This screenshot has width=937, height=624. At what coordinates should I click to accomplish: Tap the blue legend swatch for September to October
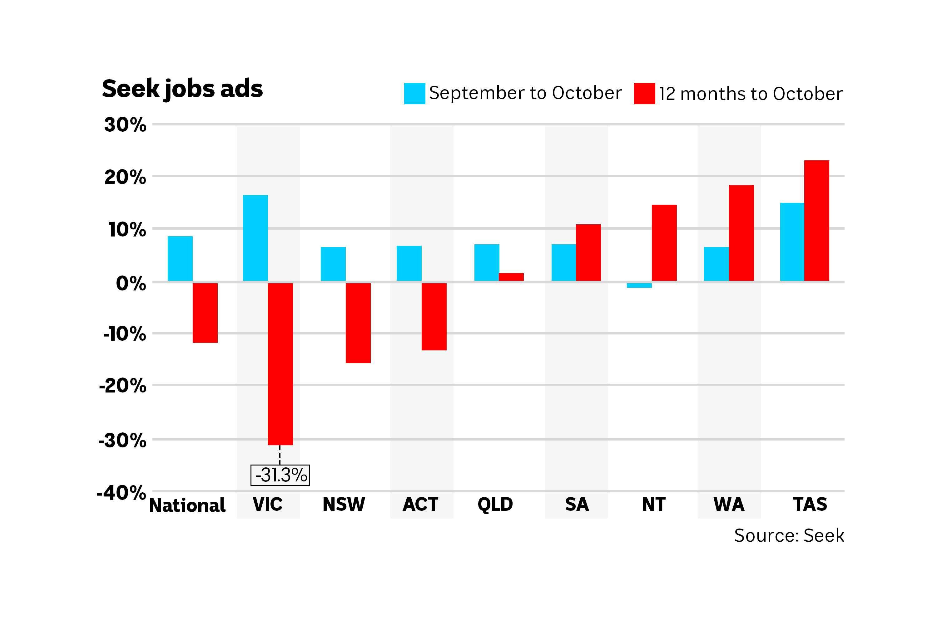[x=414, y=94]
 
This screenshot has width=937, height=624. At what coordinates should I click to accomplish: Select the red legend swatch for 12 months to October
[x=644, y=94]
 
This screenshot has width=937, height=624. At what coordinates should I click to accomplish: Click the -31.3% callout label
[x=280, y=475]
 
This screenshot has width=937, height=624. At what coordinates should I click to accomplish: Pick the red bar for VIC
[x=280, y=364]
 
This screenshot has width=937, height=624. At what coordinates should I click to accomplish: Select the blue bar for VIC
[x=255, y=238]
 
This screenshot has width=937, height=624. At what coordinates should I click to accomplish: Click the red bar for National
[x=205, y=313]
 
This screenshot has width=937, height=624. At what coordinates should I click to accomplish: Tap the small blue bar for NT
[x=639, y=285]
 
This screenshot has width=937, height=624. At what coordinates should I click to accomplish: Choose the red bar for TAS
[x=816, y=221]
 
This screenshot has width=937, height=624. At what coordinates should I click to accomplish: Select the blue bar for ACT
[x=409, y=263]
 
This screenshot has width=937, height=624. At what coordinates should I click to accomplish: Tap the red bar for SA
[x=588, y=253]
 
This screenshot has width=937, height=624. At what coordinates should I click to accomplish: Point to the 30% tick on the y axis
[x=125, y=125]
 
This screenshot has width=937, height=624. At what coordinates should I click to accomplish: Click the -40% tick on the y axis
[x=121, y=493]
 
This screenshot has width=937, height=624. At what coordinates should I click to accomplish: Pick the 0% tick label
[x=131, y=284]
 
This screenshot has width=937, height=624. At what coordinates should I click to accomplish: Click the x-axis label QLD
[x=495, y=504]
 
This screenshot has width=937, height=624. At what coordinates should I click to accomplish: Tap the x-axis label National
[x=187, y=505]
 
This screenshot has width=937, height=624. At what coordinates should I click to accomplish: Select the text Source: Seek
[x=789, y=536]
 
